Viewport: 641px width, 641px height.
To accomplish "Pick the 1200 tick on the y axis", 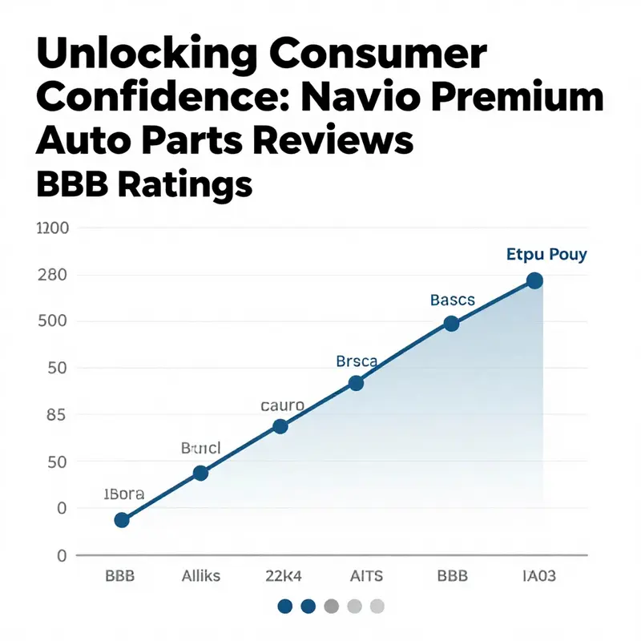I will (53, 228).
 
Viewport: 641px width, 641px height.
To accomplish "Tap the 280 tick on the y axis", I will (53, 275).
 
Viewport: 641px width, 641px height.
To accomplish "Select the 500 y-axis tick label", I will (53, 321).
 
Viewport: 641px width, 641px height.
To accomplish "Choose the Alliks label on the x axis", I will (201, 575).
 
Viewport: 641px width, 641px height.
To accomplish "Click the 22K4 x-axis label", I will (284, 575).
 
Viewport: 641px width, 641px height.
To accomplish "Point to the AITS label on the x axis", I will (368, 575).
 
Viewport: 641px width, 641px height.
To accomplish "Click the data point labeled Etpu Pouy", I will (534, 280).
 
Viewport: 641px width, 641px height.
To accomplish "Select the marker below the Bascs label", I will (451, 324).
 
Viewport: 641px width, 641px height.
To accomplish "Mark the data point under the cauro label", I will (280, 426).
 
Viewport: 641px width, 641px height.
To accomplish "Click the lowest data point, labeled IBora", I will (122, 520).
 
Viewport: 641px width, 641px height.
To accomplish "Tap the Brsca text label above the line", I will (356, 361).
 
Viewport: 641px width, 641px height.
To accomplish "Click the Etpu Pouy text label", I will (546, 255).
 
